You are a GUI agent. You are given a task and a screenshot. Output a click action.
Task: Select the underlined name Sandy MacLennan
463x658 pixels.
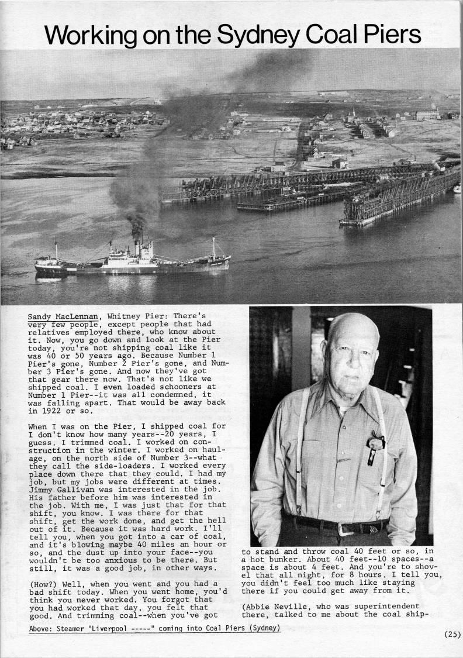click(x=63, y=317)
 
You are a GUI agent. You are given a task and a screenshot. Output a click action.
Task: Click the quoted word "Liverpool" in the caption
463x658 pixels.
click(x=119, y=629)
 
